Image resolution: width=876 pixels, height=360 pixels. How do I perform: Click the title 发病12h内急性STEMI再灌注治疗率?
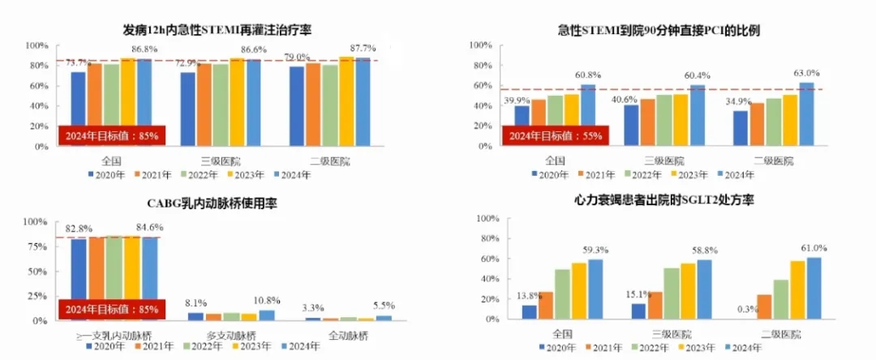click(217, 30)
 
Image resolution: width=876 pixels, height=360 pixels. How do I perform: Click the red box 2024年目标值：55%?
click(555, 135)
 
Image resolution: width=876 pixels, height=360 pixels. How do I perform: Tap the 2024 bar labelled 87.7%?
click(361, 102)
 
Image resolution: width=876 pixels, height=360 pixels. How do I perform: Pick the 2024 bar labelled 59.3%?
click(596, 289)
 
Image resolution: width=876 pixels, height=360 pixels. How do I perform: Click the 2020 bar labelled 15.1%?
click(638, 311)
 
